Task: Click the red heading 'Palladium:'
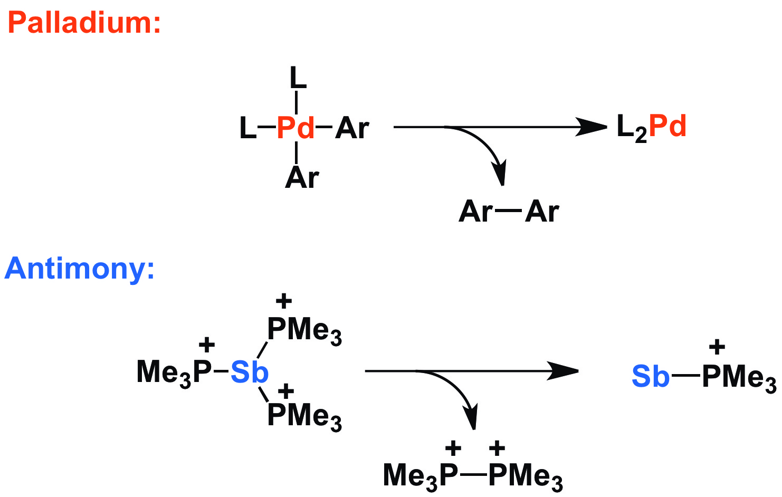coord(84,23)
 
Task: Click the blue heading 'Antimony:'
coord(80,269)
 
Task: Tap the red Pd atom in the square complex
coord(295,128)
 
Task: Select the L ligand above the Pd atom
coord(298,79)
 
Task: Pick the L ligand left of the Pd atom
coord(247,128)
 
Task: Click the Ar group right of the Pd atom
coord(352,128)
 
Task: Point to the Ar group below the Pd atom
coord(302,178)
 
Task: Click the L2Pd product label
coord(651,128)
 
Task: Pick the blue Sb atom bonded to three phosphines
coord(250,372)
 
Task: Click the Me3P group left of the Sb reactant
coord(174,372)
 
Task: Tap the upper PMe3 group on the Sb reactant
coord(304,330)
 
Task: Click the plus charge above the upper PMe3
coord(283,301)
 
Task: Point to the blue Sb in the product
coord(650,377)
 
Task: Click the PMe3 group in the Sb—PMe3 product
coord(739,377)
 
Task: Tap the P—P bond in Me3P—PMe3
coord(473,475)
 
